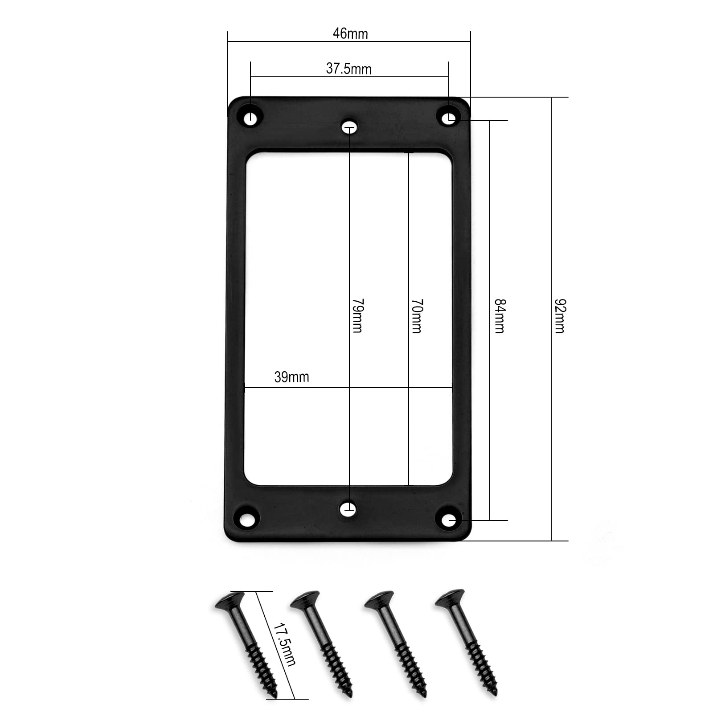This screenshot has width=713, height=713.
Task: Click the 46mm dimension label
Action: [350, 34]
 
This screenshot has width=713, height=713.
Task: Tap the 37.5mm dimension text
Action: [348, 69]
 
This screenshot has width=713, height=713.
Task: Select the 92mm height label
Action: [560, 316]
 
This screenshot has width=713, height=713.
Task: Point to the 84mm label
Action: [500, 316]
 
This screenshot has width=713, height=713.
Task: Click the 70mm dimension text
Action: [417, 316]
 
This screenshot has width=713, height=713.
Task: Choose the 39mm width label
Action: [291, 377]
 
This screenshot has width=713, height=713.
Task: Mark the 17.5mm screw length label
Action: [284, 643]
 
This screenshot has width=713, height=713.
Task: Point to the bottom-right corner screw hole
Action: [451, 520]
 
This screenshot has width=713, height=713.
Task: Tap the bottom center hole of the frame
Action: [348, 508]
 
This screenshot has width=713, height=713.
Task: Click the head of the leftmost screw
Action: [230, 600]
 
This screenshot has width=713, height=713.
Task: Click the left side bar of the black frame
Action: [234, 321]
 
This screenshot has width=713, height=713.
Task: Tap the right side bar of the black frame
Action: [462, 321]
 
